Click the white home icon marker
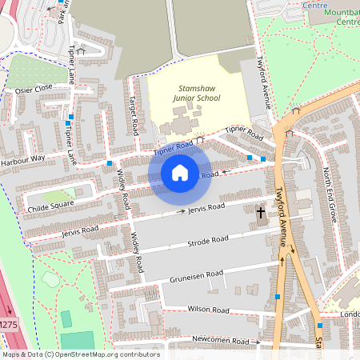tap(180, 173)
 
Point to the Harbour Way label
tap(22, 158)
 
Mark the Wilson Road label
tap(208, 310)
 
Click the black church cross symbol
tap(260, 214)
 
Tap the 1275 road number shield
tap(8, 324)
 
